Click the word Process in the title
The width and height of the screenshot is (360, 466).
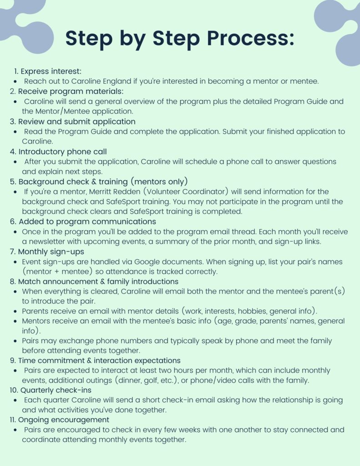tap(250, 39)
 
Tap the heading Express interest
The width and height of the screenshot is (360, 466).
tap(51, 71)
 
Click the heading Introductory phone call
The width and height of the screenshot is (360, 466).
tap(62, 152)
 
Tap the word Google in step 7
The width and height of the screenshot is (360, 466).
tap(162, 262)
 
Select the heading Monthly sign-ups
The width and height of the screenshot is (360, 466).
tap(51, 252)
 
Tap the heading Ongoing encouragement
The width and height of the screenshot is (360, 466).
tap(64, 420)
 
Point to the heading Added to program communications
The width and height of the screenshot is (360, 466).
tap(87, 222)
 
